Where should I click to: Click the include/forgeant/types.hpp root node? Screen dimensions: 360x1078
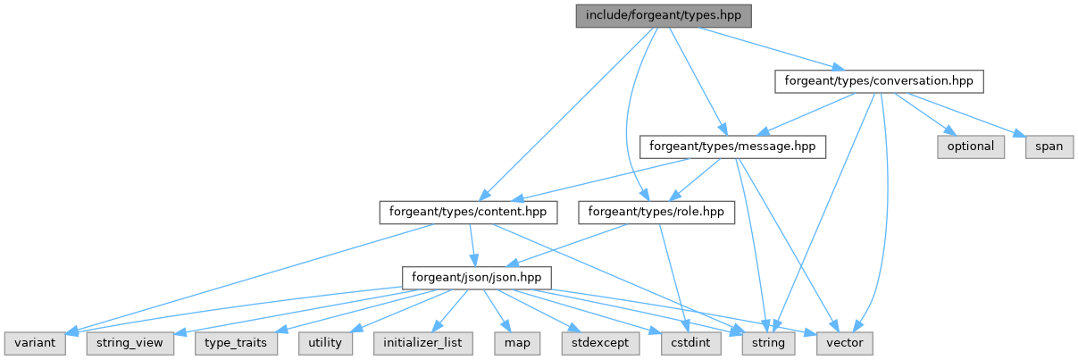(x=662, y=15)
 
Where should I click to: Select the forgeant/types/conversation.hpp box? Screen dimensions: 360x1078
(x=878, y=80)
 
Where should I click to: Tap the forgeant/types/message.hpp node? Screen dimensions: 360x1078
(x=733, y=146)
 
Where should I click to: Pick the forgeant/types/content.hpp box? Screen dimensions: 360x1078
(x=469, y=212)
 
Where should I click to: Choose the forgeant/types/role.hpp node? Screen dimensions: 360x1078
(x=657, y=212)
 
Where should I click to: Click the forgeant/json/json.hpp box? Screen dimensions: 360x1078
(x=476, y=277)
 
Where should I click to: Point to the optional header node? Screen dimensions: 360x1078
(x=971, y=146)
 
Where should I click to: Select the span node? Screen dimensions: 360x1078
(x=1049, y=146)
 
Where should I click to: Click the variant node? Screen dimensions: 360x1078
(x=35, y=343)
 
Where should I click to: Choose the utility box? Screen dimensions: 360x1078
(x=326, y=343)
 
